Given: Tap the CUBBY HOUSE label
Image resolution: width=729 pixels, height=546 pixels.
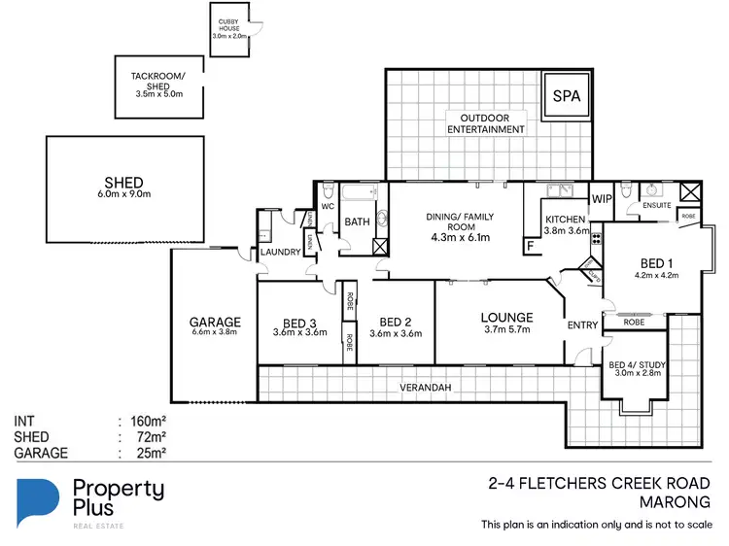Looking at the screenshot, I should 230,28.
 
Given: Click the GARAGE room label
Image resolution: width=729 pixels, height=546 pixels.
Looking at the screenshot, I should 214,323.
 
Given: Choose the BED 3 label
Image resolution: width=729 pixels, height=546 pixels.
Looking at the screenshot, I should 300,324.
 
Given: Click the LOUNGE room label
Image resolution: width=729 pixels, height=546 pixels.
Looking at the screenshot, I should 505,318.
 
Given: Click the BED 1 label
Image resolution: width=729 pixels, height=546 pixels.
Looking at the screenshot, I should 657,263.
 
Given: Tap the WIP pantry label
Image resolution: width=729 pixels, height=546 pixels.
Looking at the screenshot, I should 601,199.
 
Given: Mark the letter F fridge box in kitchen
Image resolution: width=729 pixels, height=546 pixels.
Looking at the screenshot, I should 530,247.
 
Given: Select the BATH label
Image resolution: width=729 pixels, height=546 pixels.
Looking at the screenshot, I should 357,222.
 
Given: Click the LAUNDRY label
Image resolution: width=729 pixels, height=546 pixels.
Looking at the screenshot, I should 280,254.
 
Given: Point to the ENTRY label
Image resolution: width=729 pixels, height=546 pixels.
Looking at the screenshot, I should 583,325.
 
